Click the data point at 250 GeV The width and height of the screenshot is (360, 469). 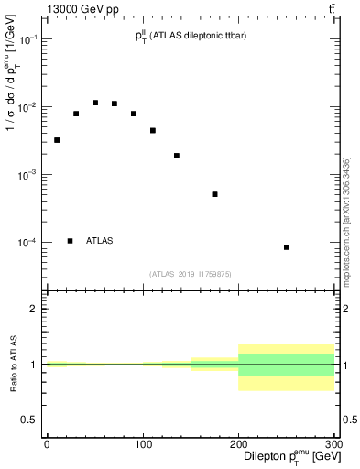(287, 247)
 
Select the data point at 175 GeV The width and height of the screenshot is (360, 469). (214, 194)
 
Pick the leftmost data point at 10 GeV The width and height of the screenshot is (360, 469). (57, 140)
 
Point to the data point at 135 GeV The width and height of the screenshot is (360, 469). (176, 156)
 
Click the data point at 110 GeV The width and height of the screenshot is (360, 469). (152, 130)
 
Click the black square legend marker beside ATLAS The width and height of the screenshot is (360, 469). (70, 241)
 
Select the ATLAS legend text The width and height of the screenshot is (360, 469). (100, 241)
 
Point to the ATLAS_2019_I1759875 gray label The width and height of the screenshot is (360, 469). (191, 273)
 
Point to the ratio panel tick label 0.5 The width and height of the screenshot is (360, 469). (31, 420)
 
